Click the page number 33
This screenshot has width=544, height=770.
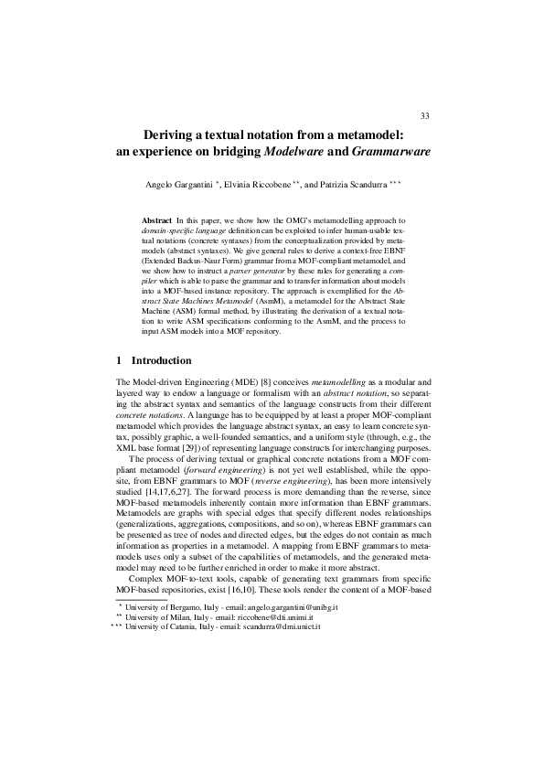click(424, 114)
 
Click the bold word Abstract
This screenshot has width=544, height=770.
click(157, 221)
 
